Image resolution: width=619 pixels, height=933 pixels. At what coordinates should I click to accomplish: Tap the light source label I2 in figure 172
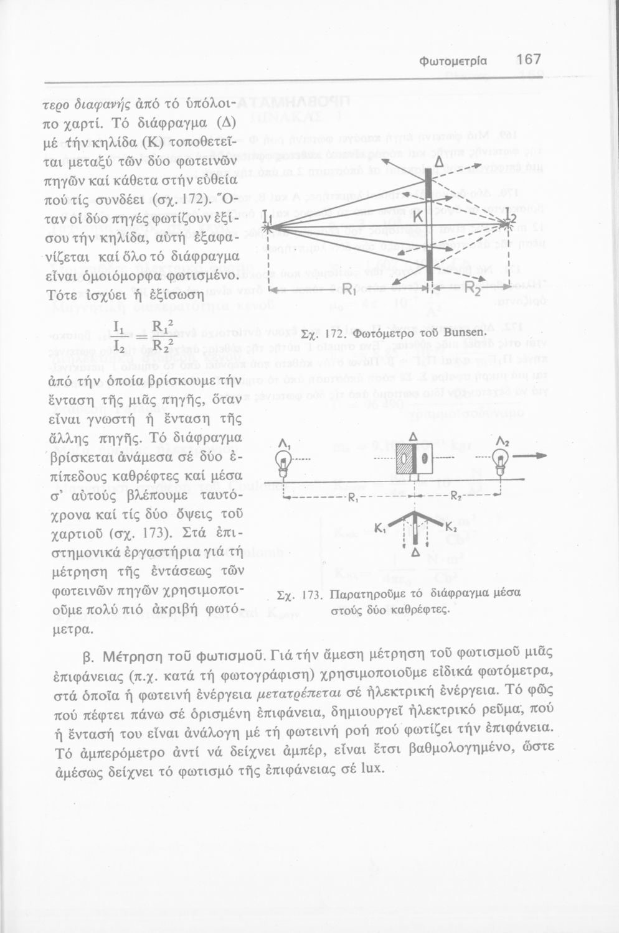pyautogui.click(x=511, y=218)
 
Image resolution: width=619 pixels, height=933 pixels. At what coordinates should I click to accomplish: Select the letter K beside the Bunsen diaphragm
pyautogui.click(x=418, y=216)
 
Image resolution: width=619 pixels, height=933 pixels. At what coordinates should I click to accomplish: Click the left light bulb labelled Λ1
pyautogui.click(x=284, y=463)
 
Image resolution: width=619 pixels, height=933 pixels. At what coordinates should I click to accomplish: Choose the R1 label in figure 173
pyautogui.click(x=352, y=498)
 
